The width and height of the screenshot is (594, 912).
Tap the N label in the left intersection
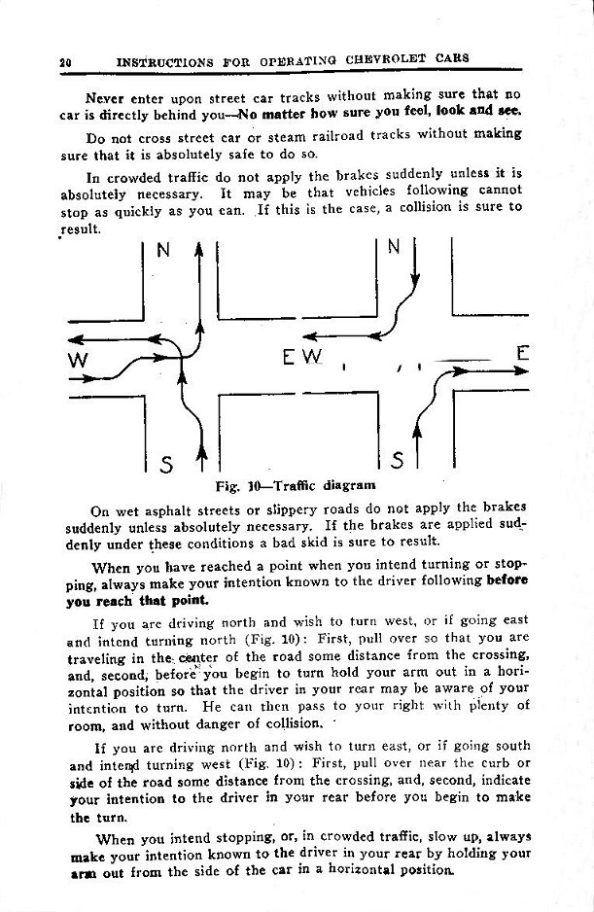coord(162,250)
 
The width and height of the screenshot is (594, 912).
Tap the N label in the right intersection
coord(394,246)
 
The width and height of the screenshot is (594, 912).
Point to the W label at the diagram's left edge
coord(79,360)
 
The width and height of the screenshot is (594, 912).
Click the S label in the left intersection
coord(166,466)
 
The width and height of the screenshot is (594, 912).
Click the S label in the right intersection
coord(397,458)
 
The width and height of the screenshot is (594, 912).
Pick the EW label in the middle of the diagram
coord(301,358)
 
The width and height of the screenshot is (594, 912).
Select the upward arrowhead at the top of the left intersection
coord(199,248)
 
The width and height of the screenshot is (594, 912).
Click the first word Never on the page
coord(110,97)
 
